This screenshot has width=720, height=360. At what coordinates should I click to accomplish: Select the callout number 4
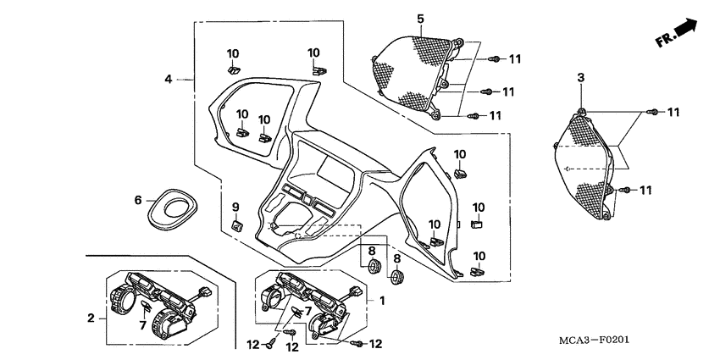click(x=169, y=79)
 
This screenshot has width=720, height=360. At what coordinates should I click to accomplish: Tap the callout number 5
click(x=420, y=19)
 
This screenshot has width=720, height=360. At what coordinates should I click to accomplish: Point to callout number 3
click(x=581, y=79)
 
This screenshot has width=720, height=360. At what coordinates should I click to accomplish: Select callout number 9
click(x=236, y=206)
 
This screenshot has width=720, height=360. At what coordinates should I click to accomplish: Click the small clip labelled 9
click(x=237, y=225)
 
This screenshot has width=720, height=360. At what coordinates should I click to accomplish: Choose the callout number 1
click(x=382, y=301)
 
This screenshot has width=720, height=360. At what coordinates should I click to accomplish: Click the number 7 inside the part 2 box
click(x=144, y=324)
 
